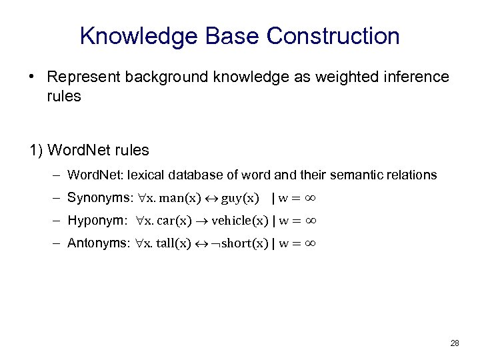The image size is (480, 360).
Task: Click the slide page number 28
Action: [x=454, y=343]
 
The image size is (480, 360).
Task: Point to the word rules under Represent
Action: [x=64, y=96]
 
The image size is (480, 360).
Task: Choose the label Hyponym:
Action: [x=97, y=221]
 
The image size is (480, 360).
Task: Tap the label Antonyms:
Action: [x=97, y=243]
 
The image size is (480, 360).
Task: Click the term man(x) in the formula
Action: [x=183, y=198]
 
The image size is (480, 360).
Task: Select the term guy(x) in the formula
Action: [x=240, y=198]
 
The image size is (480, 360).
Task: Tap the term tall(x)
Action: [x=175, y=243]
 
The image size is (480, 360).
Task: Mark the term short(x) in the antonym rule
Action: [x=240, y=243]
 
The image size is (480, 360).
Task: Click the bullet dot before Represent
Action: [x=33, y=77]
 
